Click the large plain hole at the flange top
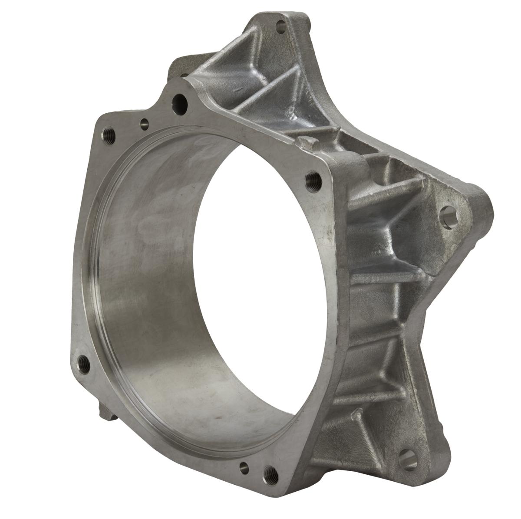(179, 101)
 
